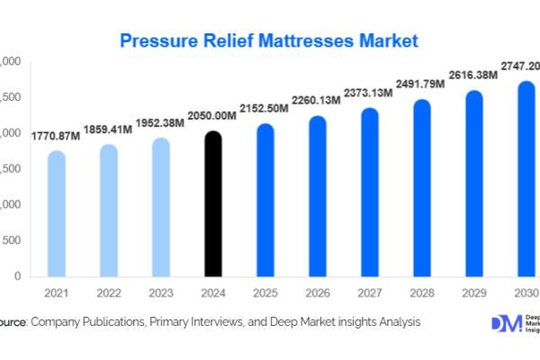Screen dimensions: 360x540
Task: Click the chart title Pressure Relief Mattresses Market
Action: [x=269, y=41]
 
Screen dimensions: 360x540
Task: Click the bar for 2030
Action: [x=526, y=180]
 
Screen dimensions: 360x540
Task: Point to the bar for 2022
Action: [x=108, y=211]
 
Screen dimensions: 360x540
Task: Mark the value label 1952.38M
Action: [x=160, y=124]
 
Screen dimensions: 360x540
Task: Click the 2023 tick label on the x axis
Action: [x=160, y=292]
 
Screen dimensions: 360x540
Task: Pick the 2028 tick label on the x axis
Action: [x=422, y=292]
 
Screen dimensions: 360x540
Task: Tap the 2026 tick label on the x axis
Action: [x=318, y=292]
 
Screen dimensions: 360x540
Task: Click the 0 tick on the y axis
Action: [x=17, y=276]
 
